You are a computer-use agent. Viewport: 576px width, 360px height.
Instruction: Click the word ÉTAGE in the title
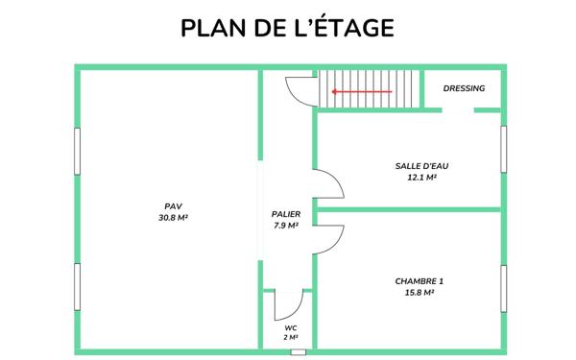(350, 28)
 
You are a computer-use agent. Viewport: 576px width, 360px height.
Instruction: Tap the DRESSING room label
(464, 88)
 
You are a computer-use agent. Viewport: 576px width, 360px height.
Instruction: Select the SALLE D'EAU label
(421, 165)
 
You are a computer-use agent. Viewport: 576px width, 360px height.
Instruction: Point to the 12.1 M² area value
(421, 178)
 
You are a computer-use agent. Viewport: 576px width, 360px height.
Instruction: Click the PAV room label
(173, 205)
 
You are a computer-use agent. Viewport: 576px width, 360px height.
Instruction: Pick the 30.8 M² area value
(173, 218)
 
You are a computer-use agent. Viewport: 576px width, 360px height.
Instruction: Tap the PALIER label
(286, 213)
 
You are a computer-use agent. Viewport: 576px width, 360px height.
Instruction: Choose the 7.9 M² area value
(286, 226)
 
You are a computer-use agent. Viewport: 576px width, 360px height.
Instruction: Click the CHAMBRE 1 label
(420, 281)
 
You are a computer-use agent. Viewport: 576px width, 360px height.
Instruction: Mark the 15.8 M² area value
(420, 293)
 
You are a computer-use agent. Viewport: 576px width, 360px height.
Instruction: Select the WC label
(290, 327)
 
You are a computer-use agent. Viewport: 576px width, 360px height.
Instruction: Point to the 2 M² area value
(290, 338)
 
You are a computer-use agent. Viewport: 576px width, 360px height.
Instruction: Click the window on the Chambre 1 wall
(502, 287)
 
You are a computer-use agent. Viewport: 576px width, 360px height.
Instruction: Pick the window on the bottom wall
(298, 351)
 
